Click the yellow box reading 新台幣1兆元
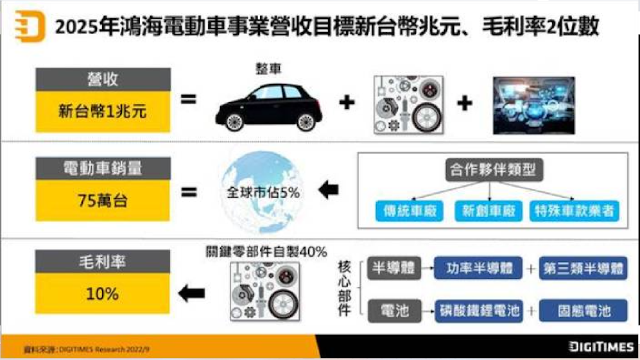point(103,111)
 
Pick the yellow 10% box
point(103,293)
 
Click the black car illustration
point(268,105)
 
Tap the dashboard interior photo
point(532,105)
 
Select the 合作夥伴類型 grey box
point(492,171)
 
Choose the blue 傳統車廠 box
point(409,212)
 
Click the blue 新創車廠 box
point(490,212)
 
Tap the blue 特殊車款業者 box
point(575,212)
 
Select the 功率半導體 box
point(478,268)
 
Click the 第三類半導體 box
point(583,268)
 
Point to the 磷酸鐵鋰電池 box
point(478,311)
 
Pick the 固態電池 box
point(583,311)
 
